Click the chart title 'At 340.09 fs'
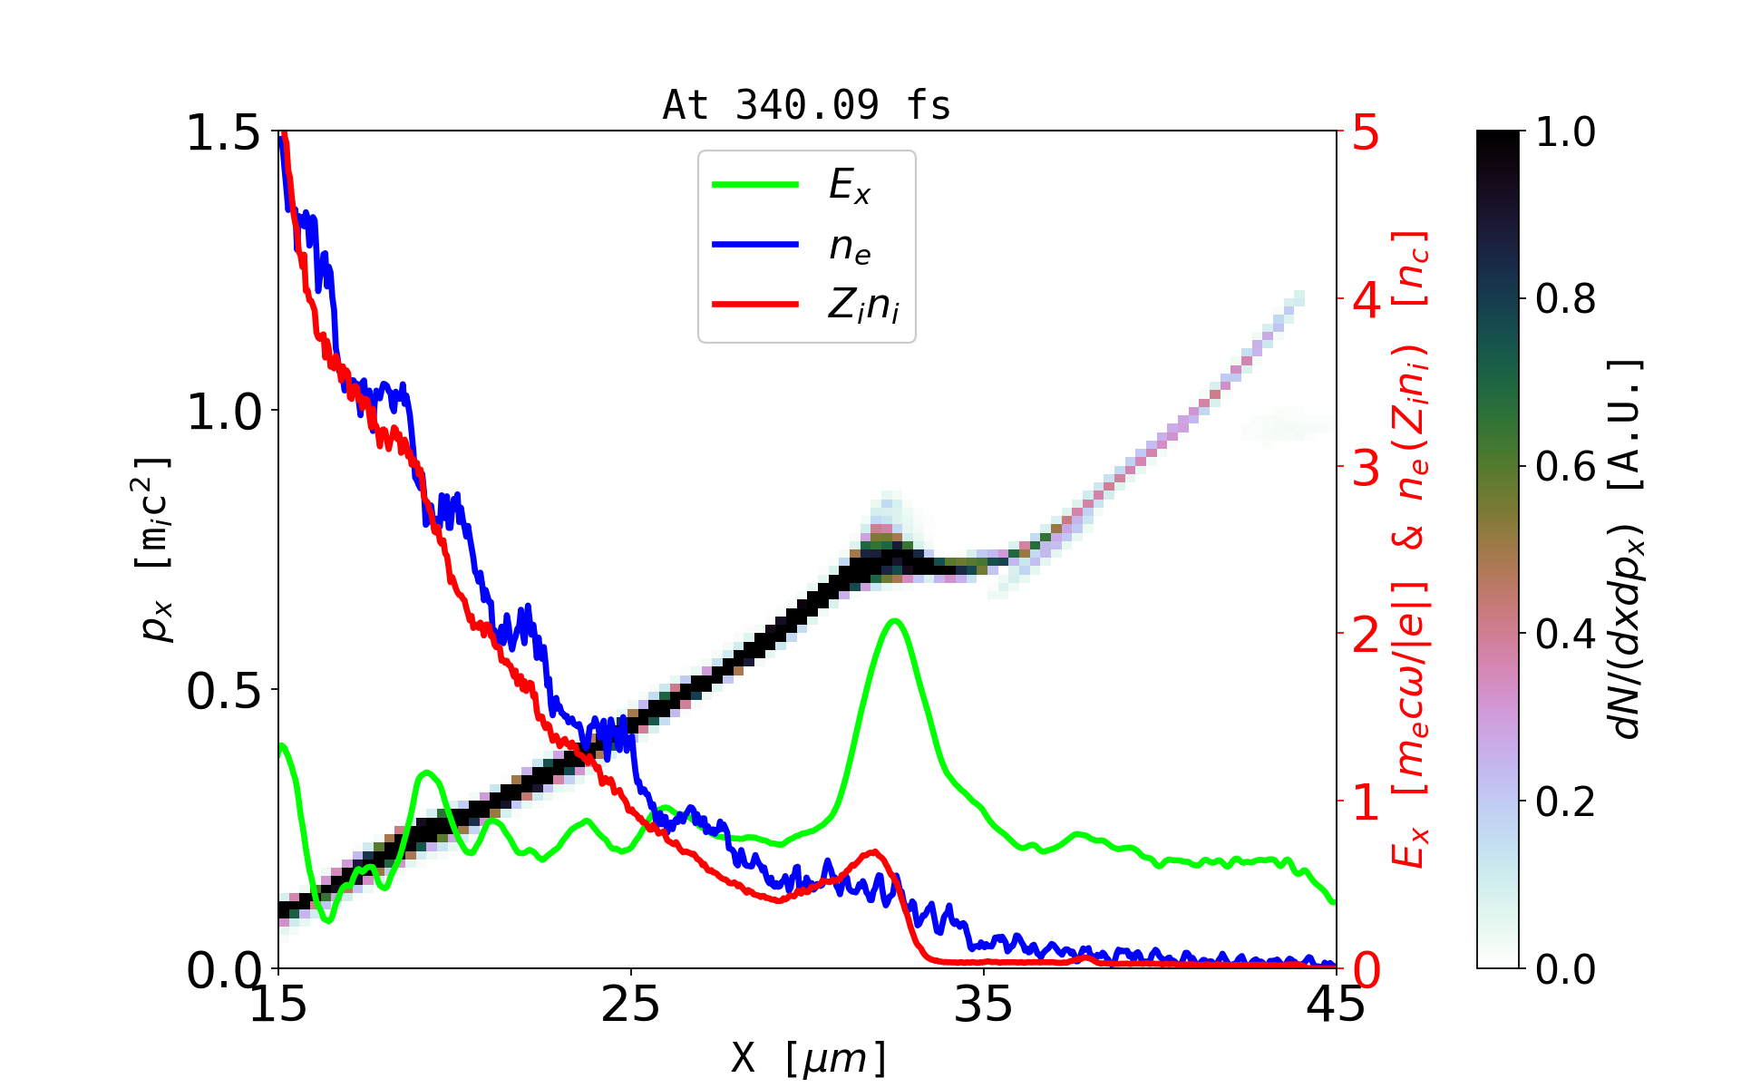(806, 105)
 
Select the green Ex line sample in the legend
(755, 185)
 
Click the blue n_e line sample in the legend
(755, 245)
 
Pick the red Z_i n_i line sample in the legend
(755, 305)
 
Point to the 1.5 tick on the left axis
(223, 132)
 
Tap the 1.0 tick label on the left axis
(223, 412)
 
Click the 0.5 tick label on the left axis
(223, 691)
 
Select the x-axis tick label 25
(630, 1005)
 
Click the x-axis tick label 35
(984, 1005)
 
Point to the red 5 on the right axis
(1366, 132)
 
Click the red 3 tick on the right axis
(1366, 468)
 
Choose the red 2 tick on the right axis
(1366, 635)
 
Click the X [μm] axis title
(809, 1057)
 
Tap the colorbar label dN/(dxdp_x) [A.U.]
(1628, 549)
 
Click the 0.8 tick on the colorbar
(1565, 299)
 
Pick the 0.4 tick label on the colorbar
(1565, 635)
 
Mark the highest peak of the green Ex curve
(895, 621)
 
